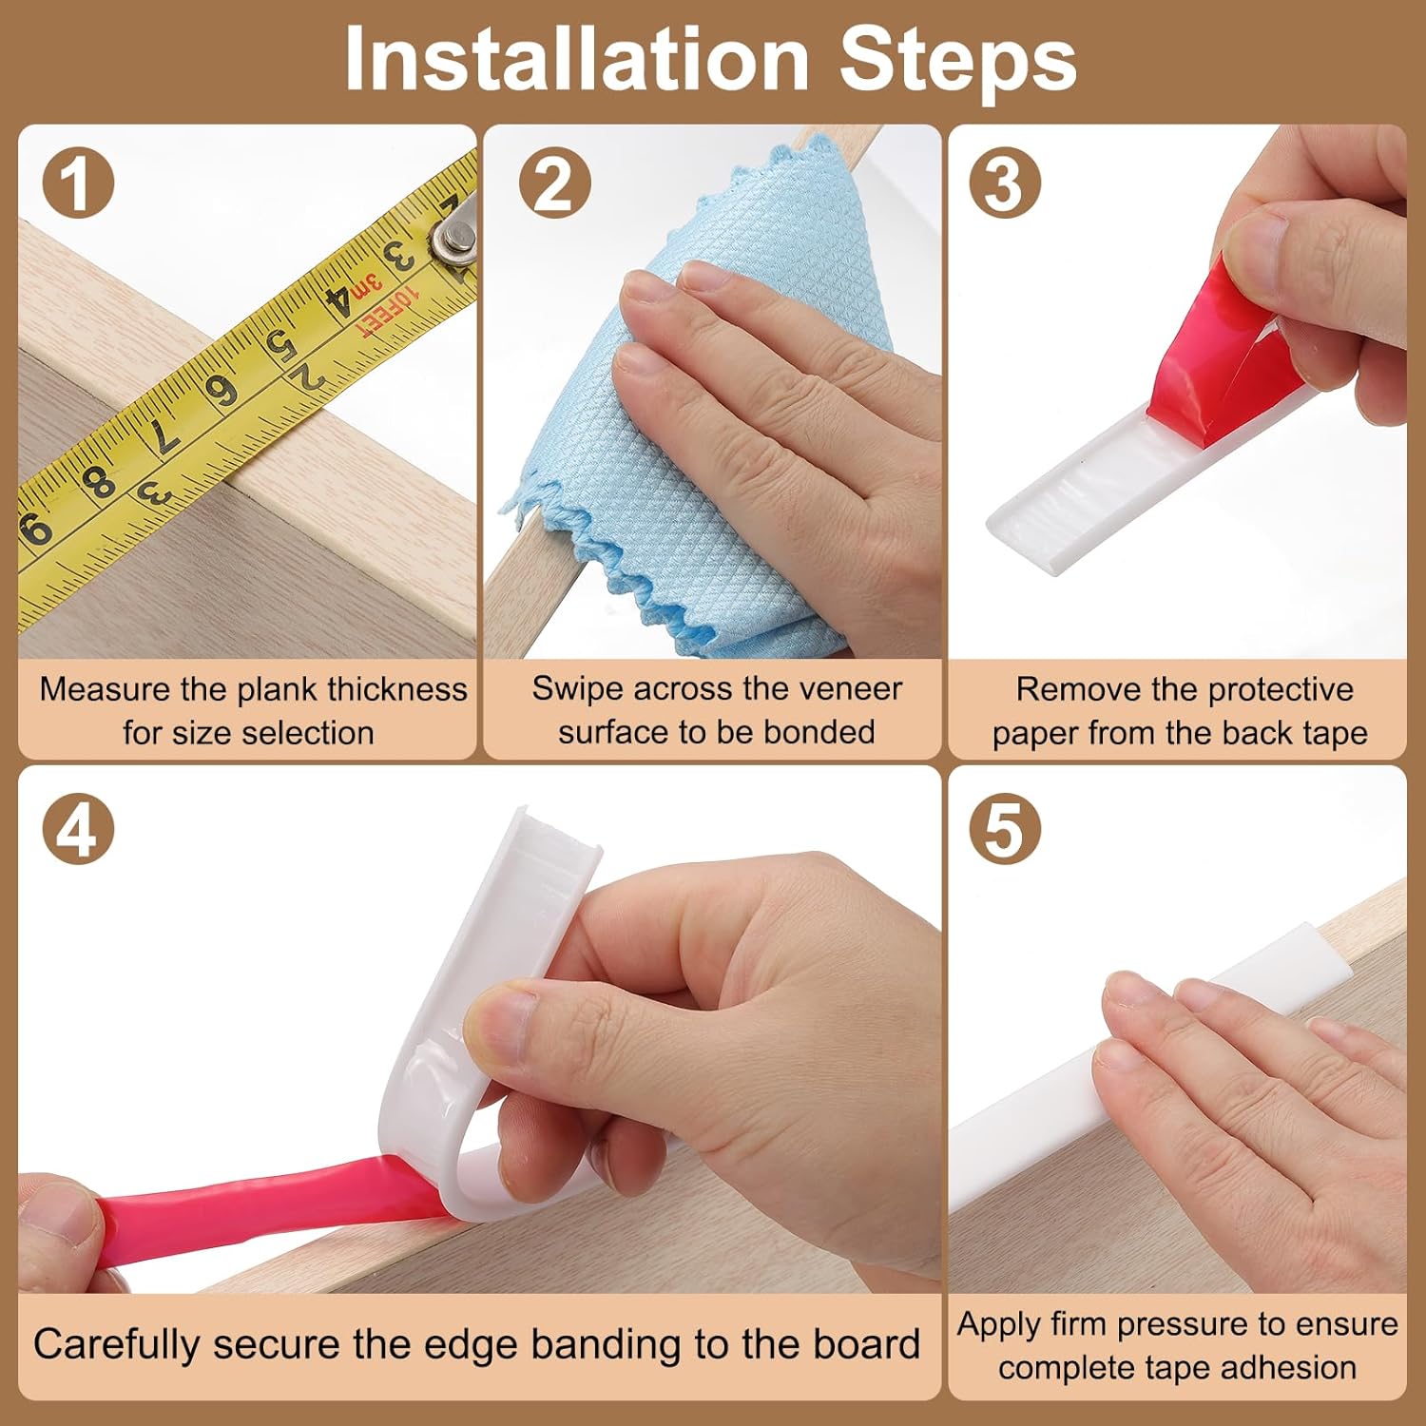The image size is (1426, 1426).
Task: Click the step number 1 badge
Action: coord(78,182)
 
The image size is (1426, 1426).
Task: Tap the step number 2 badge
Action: coord(555,182)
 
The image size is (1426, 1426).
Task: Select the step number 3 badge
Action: coord(1005,182)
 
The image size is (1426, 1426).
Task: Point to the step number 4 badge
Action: coord(78,829)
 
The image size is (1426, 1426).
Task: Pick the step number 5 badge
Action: coord(1005,829)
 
